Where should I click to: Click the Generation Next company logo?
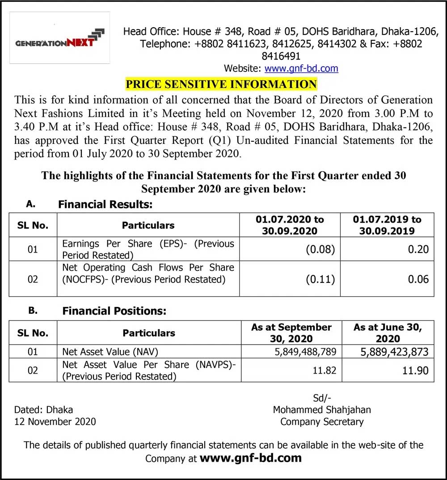(x=59, y=38)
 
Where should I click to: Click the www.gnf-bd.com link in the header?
(x=301, y=68)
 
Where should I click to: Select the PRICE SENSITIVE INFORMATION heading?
(x=221, y=84)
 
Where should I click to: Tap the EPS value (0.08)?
(x=320, y=249)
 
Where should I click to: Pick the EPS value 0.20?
(x=418, y=249)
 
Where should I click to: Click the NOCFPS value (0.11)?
(x=320, y=279)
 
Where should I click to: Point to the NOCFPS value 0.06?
(x=418, y=279)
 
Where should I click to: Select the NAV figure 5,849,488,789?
(x=305, y=352)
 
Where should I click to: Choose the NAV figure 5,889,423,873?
(x=394, y=352)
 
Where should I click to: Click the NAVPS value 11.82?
(x=325, y=371)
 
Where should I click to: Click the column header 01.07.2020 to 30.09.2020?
(x=290, y=225)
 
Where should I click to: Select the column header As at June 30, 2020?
(x=388, y=333)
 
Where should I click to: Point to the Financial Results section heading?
(x=105, y=205)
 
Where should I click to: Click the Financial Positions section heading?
(x=114, y=311)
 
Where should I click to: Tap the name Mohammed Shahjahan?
(x=322, y=409)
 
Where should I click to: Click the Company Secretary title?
(x=322, y=421)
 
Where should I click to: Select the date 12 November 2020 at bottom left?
(x=55, y=421)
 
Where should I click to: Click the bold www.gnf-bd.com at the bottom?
(x=250, y=458)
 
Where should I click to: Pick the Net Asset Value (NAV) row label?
(x=110, y=352)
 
